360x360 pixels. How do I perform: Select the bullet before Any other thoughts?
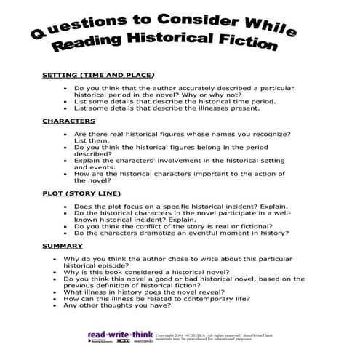56,305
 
